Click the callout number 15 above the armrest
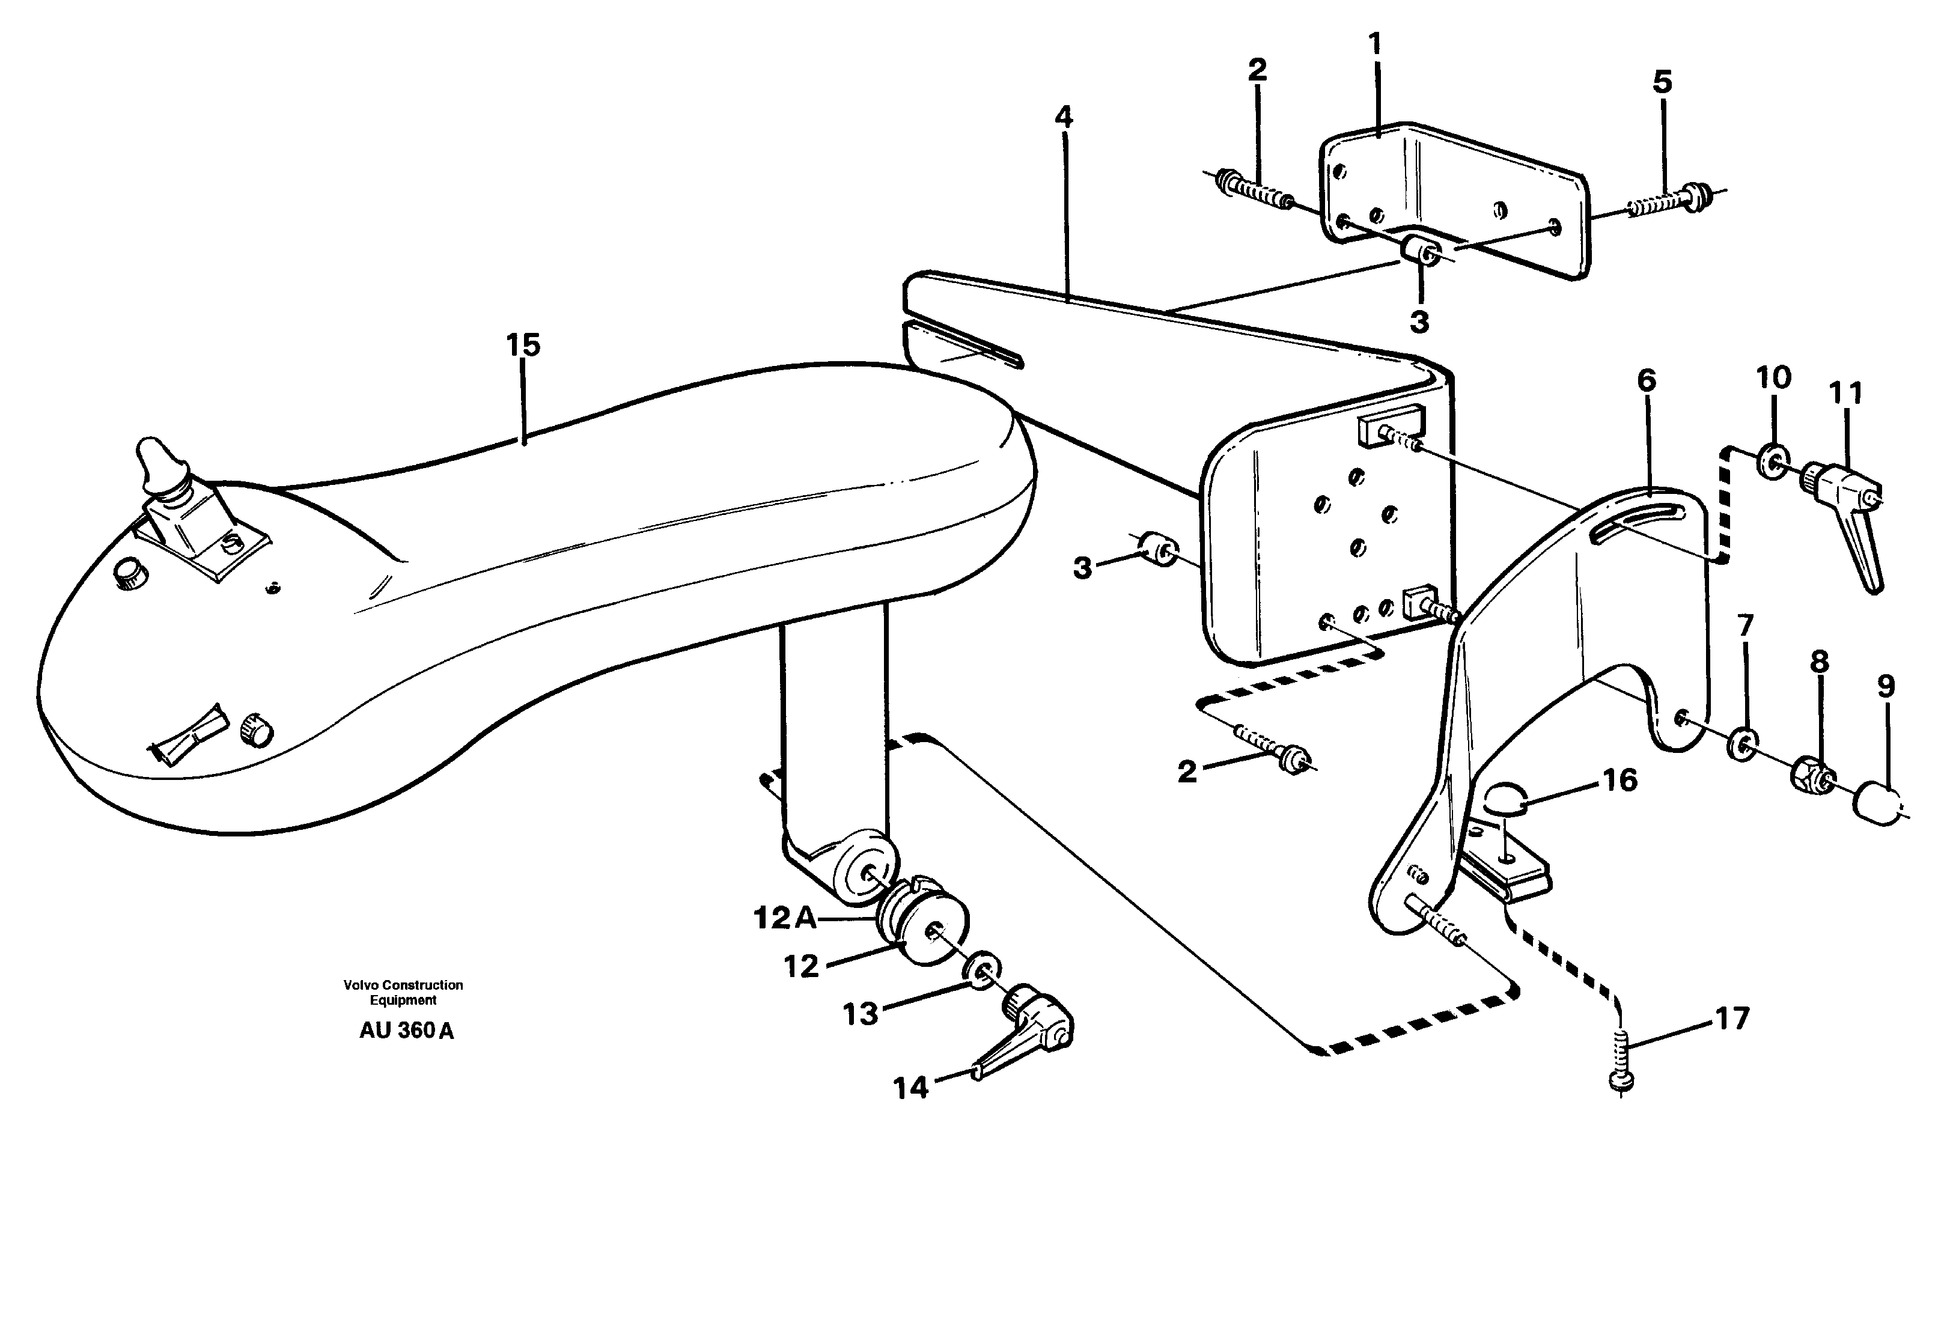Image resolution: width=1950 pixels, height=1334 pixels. pos(523,345)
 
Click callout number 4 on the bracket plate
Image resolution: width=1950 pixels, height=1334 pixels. pos(1063,117)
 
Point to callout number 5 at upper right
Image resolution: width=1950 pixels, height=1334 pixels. pos(1662,82)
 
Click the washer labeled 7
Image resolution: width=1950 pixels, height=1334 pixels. pos(1744,743)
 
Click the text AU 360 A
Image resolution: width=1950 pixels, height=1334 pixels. pos(406,1031)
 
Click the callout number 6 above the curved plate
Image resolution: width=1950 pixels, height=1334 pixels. pos(1647,381)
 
